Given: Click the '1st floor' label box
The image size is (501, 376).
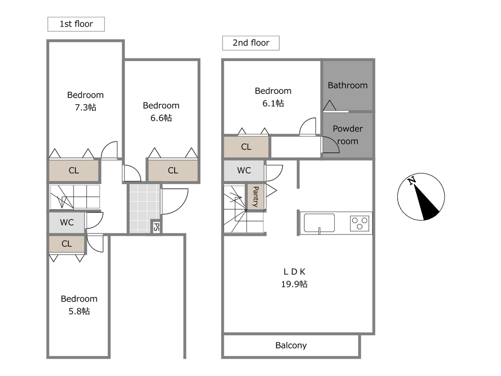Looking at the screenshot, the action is point(76,24).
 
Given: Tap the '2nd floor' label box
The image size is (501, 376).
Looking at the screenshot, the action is point(251,43).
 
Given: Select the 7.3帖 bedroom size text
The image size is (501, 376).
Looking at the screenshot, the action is point(85,108).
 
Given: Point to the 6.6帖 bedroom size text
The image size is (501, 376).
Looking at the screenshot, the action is point(161,118).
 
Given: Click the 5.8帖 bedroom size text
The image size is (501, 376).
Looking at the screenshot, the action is point(79,311).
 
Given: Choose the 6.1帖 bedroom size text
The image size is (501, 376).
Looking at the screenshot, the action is point(273,103).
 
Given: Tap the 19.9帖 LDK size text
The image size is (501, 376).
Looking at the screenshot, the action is point(294,284).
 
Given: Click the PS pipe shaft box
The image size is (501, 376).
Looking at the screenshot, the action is point(156,227).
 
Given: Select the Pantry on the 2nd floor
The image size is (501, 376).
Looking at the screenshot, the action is point(255,196).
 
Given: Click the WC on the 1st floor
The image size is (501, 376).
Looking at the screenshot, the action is point(67,222).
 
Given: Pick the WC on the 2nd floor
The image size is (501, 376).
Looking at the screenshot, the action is point(244,171).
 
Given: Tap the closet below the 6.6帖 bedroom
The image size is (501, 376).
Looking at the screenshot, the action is point(173,171).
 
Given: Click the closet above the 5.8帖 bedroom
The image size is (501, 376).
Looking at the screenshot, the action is point(67,244).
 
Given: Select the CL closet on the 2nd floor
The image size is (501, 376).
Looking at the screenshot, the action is point(246,147).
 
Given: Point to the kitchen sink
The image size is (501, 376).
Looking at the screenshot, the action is point(319,223).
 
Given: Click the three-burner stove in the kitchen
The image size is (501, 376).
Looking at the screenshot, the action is point(360,223).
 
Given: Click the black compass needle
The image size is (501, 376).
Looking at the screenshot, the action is point(425,201).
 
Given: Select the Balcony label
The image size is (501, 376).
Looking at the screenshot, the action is point(291,345).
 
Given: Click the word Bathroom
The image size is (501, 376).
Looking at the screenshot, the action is point(347,86).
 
